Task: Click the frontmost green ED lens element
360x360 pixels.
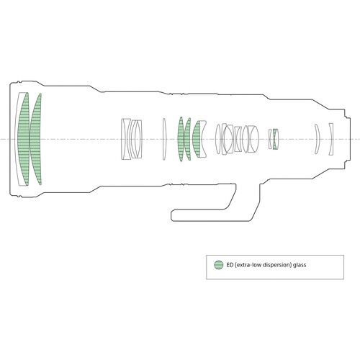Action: (24, 139)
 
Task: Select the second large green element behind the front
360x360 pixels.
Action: (35, 139)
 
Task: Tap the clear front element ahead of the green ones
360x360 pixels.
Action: (17, 139)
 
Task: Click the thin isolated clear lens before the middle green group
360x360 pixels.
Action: (164, 139)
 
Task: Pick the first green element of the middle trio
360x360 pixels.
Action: (181, 139)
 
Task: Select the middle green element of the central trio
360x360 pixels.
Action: (187, 139)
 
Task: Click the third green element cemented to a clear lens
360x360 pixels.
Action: (197, 139)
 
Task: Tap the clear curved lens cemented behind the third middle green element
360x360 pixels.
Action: (202, 139)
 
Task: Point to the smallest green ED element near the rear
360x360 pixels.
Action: (276, 139)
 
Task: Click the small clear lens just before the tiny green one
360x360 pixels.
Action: (270, 139)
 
